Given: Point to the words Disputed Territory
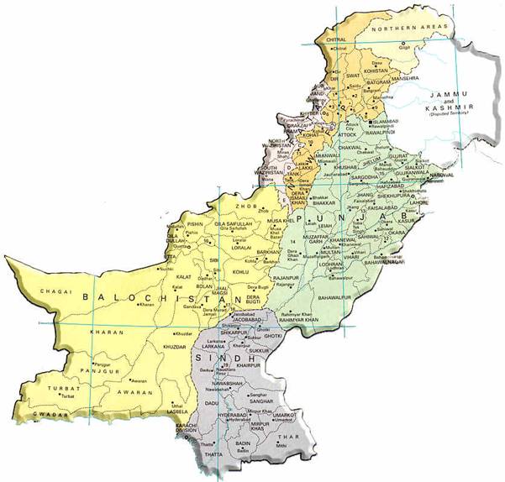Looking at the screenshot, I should (450, 115).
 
